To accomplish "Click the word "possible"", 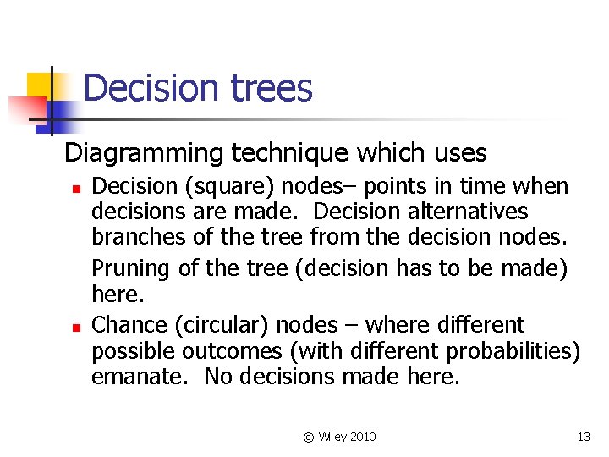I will click(x=129, y=350).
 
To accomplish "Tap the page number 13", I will click(x=583, y=437).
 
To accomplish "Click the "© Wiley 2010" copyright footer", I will click(x=339, y=437).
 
